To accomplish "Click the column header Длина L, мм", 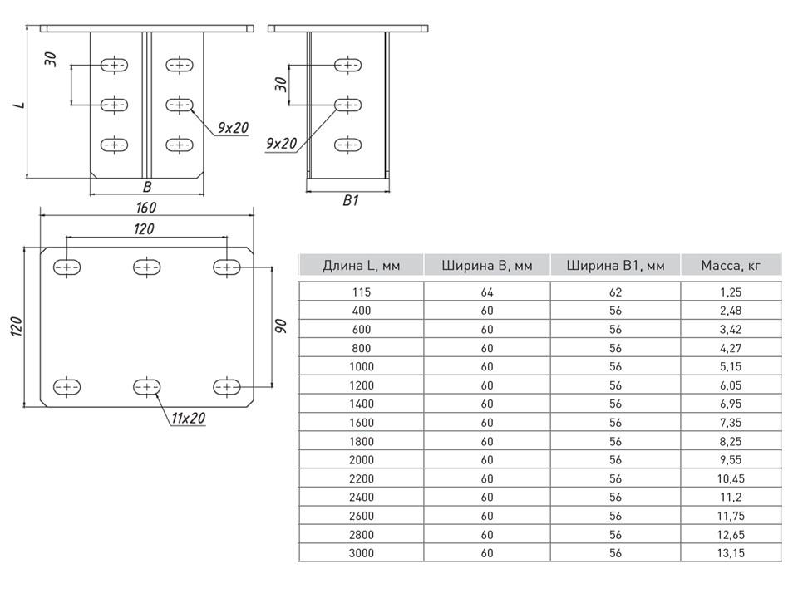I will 361,266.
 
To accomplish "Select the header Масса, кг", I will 731,266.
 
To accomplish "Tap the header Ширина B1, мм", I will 615,266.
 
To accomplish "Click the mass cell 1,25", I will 731,292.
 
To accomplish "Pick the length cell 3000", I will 361,552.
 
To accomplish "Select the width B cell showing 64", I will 487,292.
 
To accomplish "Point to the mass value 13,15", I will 731,552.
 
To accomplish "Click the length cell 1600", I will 361,422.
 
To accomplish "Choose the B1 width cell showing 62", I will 615,292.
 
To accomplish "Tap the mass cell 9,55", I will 731,459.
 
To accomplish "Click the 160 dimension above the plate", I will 146,207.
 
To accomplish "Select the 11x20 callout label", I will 189,418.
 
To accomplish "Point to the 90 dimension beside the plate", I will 281,326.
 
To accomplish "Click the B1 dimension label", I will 350,200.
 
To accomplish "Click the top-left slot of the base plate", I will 67,267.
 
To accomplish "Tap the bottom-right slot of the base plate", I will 226,386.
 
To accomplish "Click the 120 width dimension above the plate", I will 145,228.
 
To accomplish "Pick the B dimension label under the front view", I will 147,187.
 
